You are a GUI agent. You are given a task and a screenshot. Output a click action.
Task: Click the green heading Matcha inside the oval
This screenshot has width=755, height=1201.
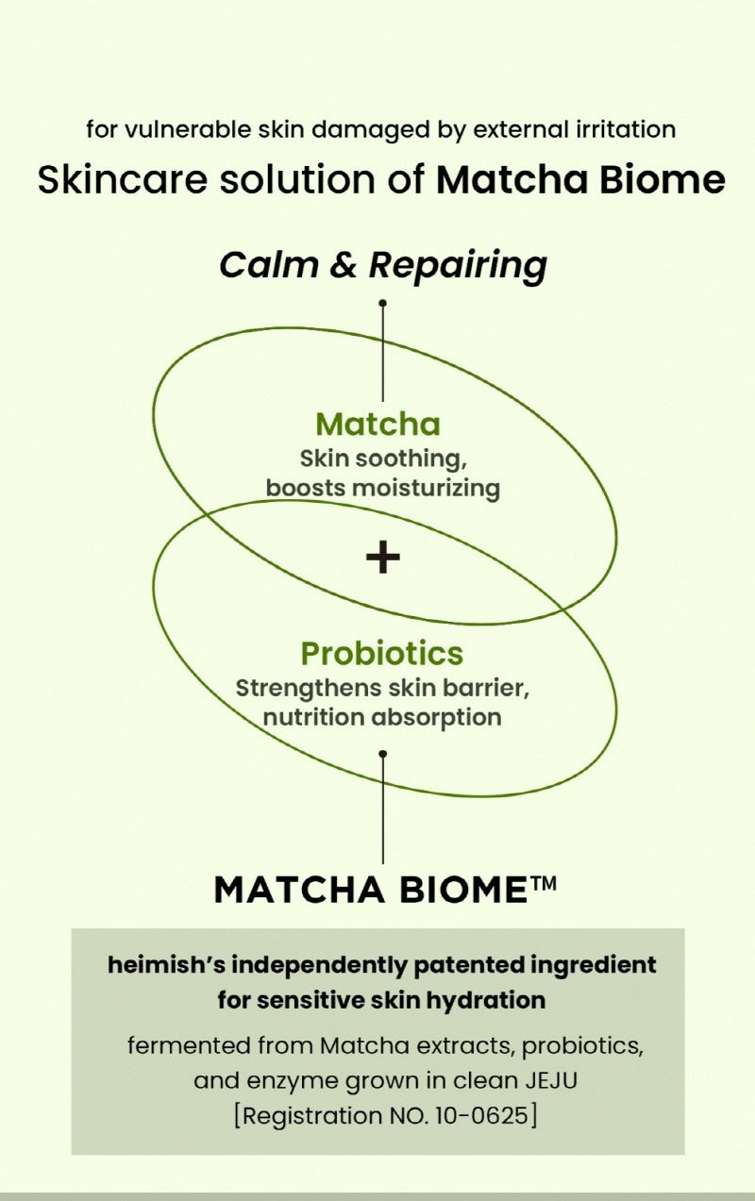[x=378, y=425]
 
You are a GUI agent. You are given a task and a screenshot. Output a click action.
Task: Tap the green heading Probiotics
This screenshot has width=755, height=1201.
[x=382, y=653]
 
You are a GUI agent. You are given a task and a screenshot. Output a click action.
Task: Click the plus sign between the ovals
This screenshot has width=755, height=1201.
[x=383, y=557]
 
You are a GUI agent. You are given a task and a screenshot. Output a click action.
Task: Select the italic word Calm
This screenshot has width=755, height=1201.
[x=269, y=264]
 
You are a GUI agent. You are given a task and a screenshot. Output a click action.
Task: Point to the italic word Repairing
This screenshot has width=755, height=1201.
[x=459, y=266]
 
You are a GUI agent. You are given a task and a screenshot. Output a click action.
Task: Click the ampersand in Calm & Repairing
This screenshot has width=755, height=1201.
[x=344, y=265]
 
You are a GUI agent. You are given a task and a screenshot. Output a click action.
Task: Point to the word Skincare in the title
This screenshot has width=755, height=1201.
[x=123, y=179]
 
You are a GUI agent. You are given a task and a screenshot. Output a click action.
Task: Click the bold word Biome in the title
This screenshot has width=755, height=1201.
[x=662, y=179]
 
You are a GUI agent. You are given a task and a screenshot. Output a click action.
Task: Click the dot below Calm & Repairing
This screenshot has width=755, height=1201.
[x=383, y=303]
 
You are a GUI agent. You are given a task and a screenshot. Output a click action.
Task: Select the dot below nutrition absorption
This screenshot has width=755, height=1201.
[x=383, y=754]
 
